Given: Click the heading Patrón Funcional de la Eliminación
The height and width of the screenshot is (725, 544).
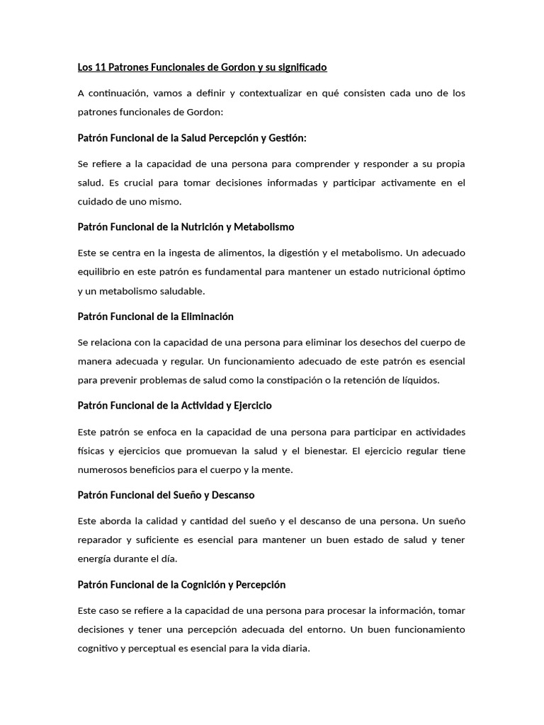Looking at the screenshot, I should pyautogui.click(x=155, y=316).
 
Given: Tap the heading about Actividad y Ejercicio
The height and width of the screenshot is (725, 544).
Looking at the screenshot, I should pyautogui.click(x=174, y=406).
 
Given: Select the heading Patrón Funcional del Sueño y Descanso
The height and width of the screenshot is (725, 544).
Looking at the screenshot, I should pyautogui.click(x=166, y=495).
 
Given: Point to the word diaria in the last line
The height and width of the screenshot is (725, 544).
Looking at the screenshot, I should pyautogui.click(x=293, y=649).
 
